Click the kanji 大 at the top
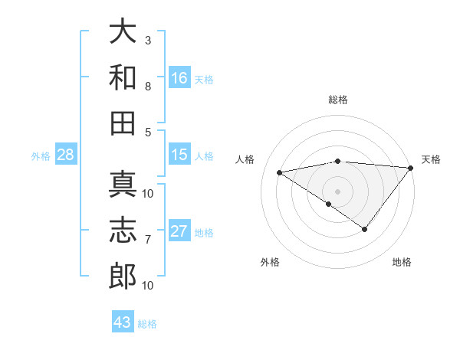(123, 31)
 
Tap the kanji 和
(123, 77)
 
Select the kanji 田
(123, 122)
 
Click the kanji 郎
(123, 277)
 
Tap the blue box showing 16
(179, 77)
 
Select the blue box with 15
(179, 155)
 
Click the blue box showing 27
(179, 231)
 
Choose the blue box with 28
(66, 155)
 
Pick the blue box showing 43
(123, 322)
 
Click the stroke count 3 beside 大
(148, 40)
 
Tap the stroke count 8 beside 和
(148, 86)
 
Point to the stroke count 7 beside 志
(148, 241)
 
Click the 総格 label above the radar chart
(338, 100)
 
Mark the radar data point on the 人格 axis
(280, 172)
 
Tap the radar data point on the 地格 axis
(365, 228)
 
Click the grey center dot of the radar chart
(337, 191)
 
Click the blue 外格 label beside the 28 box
(41, 156)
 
